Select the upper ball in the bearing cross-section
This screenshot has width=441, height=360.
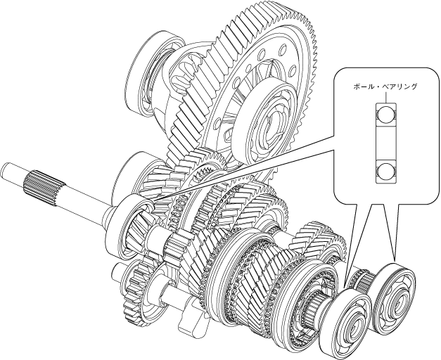(x=385, y=114)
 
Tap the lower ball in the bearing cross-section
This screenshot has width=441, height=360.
(x=385, y=171)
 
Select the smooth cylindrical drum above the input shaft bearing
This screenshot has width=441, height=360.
(x=130, y=172)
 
